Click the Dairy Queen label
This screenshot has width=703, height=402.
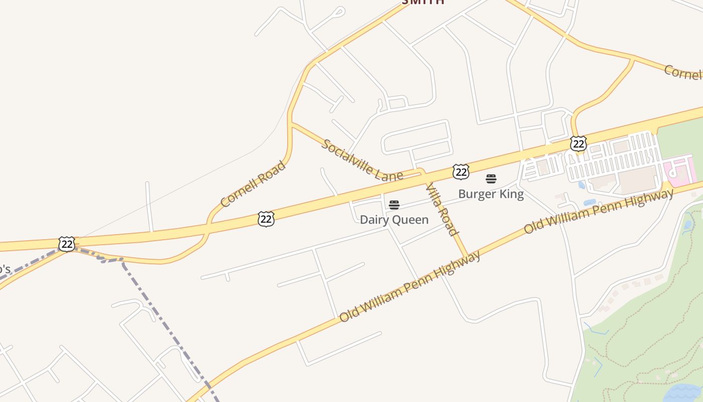click(394, 220)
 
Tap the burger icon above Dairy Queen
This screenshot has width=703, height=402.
click(394, 205)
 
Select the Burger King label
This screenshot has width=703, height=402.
click(491, 193)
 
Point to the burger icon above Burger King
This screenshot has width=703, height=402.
click(491, 179)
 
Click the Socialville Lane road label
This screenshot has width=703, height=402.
click(362, 160)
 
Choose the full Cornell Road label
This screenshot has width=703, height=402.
click(253, 184)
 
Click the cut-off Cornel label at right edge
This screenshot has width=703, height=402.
click(683, 73)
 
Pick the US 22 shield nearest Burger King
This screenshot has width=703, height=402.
click(460, 172)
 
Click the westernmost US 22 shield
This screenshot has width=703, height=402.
click(66, 244)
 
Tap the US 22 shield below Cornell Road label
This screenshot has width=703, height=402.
click(266, 219)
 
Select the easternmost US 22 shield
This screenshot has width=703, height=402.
click(578, 144)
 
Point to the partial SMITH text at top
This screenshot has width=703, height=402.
click(423, 2)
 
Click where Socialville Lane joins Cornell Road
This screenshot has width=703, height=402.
click(291, 123)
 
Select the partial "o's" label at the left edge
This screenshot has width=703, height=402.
click(4, 269)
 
